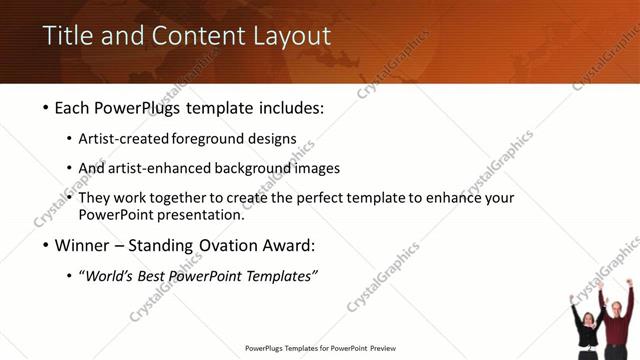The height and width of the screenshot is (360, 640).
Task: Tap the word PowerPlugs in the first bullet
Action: click(142, 107)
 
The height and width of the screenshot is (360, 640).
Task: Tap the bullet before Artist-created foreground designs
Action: click(70, 139)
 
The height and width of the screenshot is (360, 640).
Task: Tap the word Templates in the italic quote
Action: click(283, 276)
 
